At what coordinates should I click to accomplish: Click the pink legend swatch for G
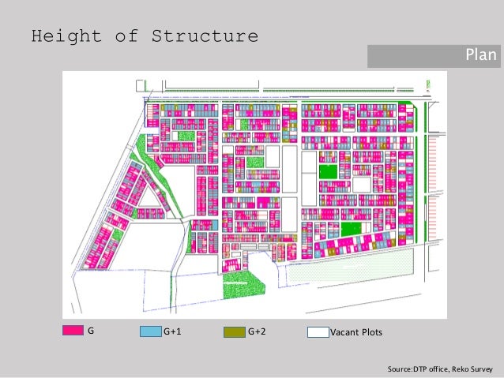pos(73,332)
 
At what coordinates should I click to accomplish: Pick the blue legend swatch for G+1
pos(150,332)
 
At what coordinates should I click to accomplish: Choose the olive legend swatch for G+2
pos(234,332)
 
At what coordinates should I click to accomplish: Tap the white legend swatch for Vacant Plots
pos(318,332)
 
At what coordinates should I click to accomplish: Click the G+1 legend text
pos(172,332)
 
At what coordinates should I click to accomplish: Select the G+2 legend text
pos(256,332)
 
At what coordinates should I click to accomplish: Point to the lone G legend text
pos(91,332)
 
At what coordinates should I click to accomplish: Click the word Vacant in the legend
pos(344,332)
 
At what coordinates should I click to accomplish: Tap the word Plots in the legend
pos(371,332)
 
